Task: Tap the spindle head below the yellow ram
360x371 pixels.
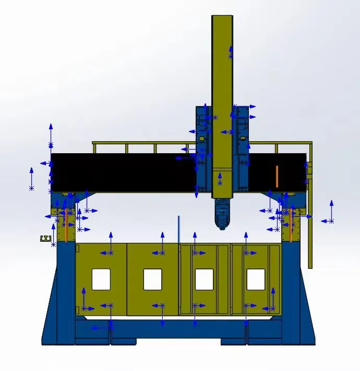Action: tap(222, 214)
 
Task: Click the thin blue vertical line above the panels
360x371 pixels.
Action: tap(178, 229)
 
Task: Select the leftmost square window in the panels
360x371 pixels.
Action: tap(101, 279)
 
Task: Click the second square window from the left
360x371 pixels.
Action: tap(152, 279)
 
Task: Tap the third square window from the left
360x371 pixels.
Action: tap(204, 279)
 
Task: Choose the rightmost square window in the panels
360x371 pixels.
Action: tap(256, 279)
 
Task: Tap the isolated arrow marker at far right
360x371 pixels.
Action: tap(330, 213)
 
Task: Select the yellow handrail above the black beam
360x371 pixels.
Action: tap(157, 142)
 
